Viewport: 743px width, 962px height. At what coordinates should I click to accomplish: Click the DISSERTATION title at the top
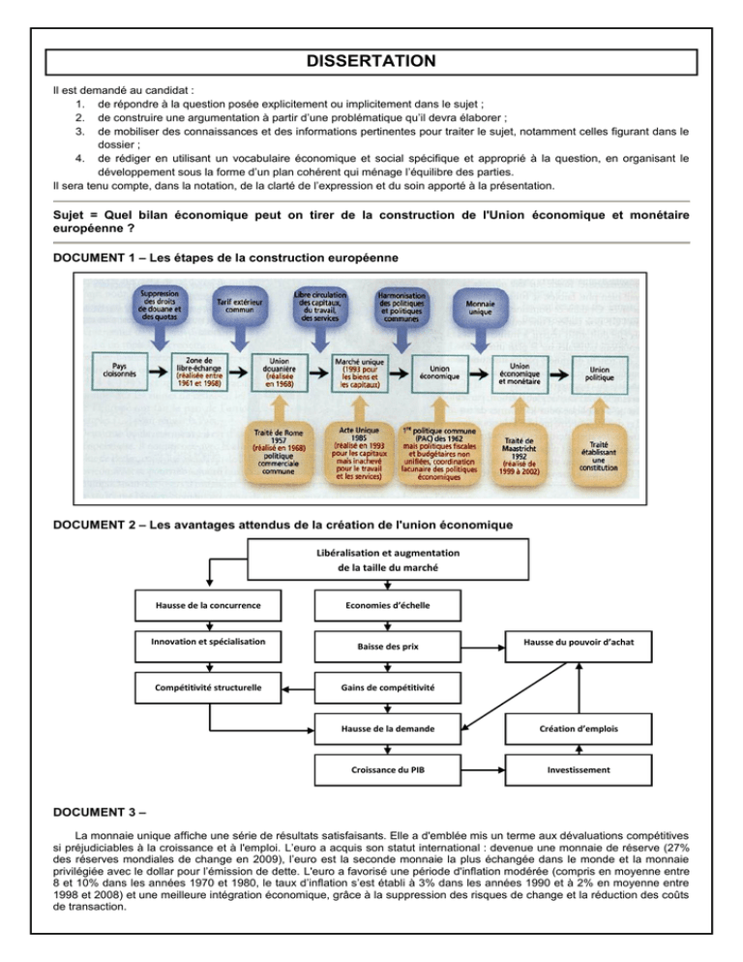[371, 61]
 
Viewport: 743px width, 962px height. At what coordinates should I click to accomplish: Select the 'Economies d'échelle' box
[386, 605]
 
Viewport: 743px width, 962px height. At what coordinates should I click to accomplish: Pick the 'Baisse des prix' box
[386, 646]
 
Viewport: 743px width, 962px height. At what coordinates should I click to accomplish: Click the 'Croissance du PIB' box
[386, 771]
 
